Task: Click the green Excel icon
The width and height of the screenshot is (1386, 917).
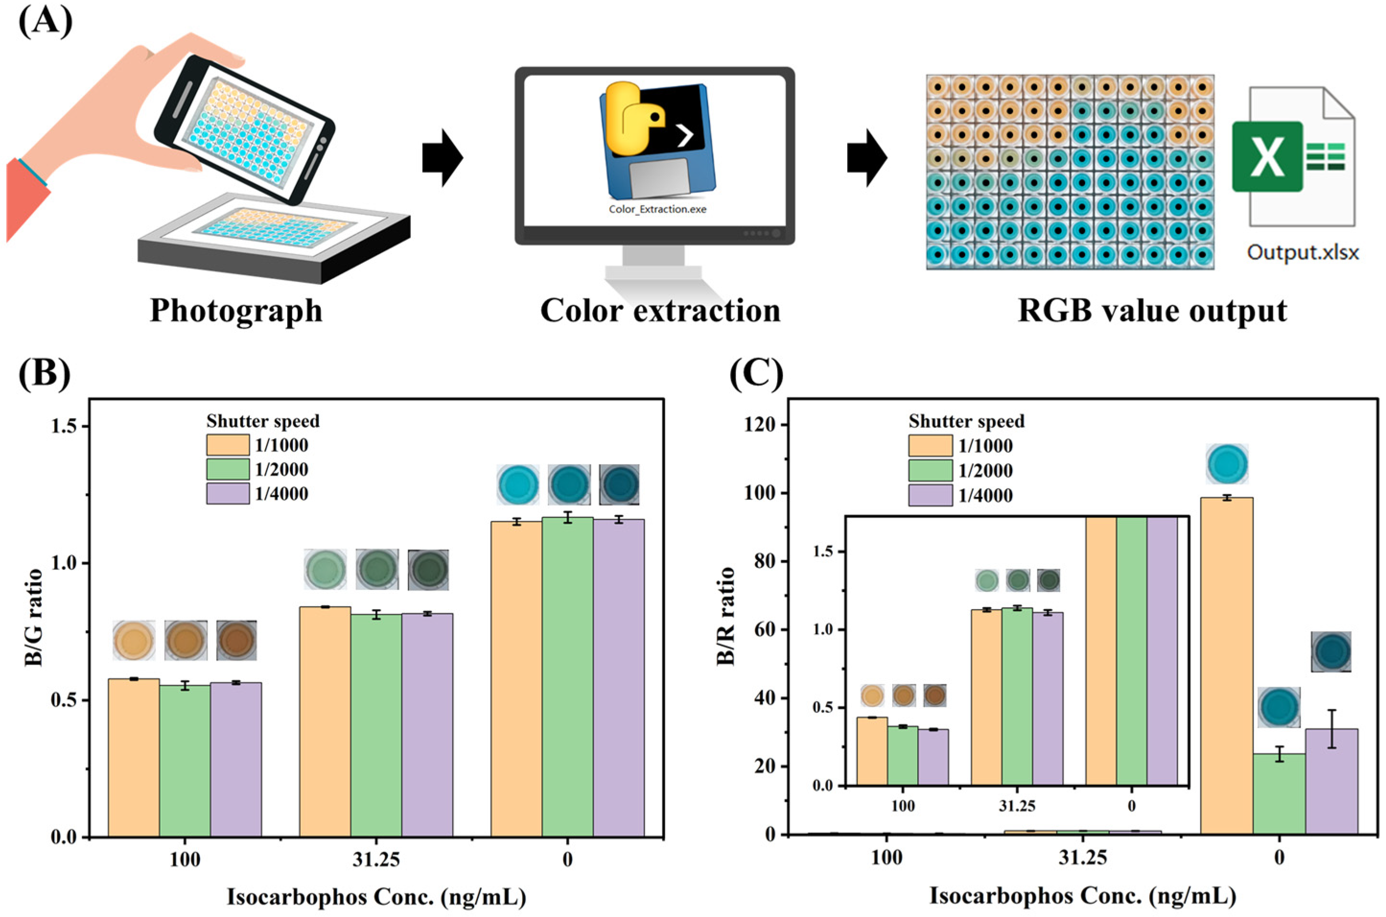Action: (x=1267, y=156)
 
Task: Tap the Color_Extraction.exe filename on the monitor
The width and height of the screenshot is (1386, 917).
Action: (x=657, y=209)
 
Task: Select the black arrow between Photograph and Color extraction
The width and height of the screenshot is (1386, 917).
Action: (x=443, y=158)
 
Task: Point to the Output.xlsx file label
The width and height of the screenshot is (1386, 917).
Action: (x=1303, y=252)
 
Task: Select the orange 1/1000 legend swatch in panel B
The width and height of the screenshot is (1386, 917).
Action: (x=227, y=445)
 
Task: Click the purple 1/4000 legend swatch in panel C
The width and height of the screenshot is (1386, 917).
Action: (x=930, y=495)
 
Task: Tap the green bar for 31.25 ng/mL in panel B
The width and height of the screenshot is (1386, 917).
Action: (x=376, y=725)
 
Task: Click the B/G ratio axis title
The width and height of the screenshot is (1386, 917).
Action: (x=34, y=617)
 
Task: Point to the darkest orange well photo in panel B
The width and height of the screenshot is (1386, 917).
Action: (x=236, y=640)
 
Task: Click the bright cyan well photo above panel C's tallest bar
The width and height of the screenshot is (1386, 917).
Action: (x=1226, y=464)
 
